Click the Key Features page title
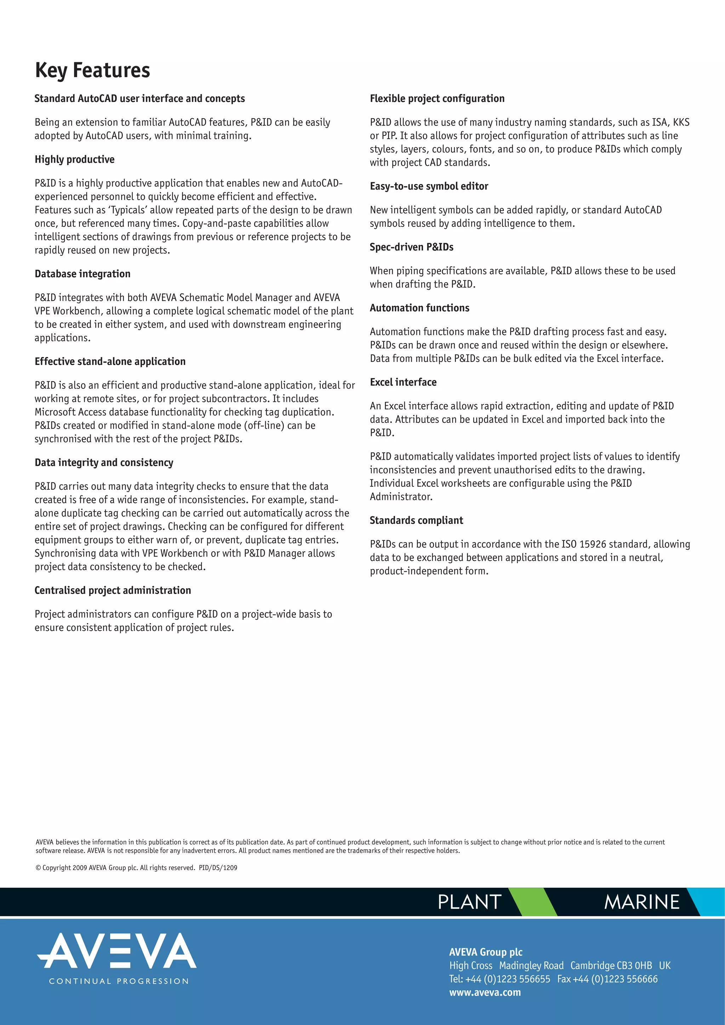(x=92, y=70)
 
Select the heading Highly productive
(x=75, y=159)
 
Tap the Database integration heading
(x=82, y=273)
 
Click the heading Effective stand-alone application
(x=110, y=362)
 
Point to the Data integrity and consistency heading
(x=104, y=462)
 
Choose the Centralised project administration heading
(x=113, y=590)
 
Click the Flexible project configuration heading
(x=437, y=99)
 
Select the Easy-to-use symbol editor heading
(x=429, y=186)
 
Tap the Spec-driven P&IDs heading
(x=411, y=247)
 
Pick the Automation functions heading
(x=419, y=308)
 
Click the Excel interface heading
(x=403, y=382)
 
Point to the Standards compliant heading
(x=416, y=520)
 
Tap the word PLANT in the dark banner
(x=469, y=902)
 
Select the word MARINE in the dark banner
(x=641, y=902)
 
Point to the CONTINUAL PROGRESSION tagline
(x=119, y=981)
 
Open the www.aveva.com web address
(x=485, y=992)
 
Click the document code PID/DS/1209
(x=218, y=868)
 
